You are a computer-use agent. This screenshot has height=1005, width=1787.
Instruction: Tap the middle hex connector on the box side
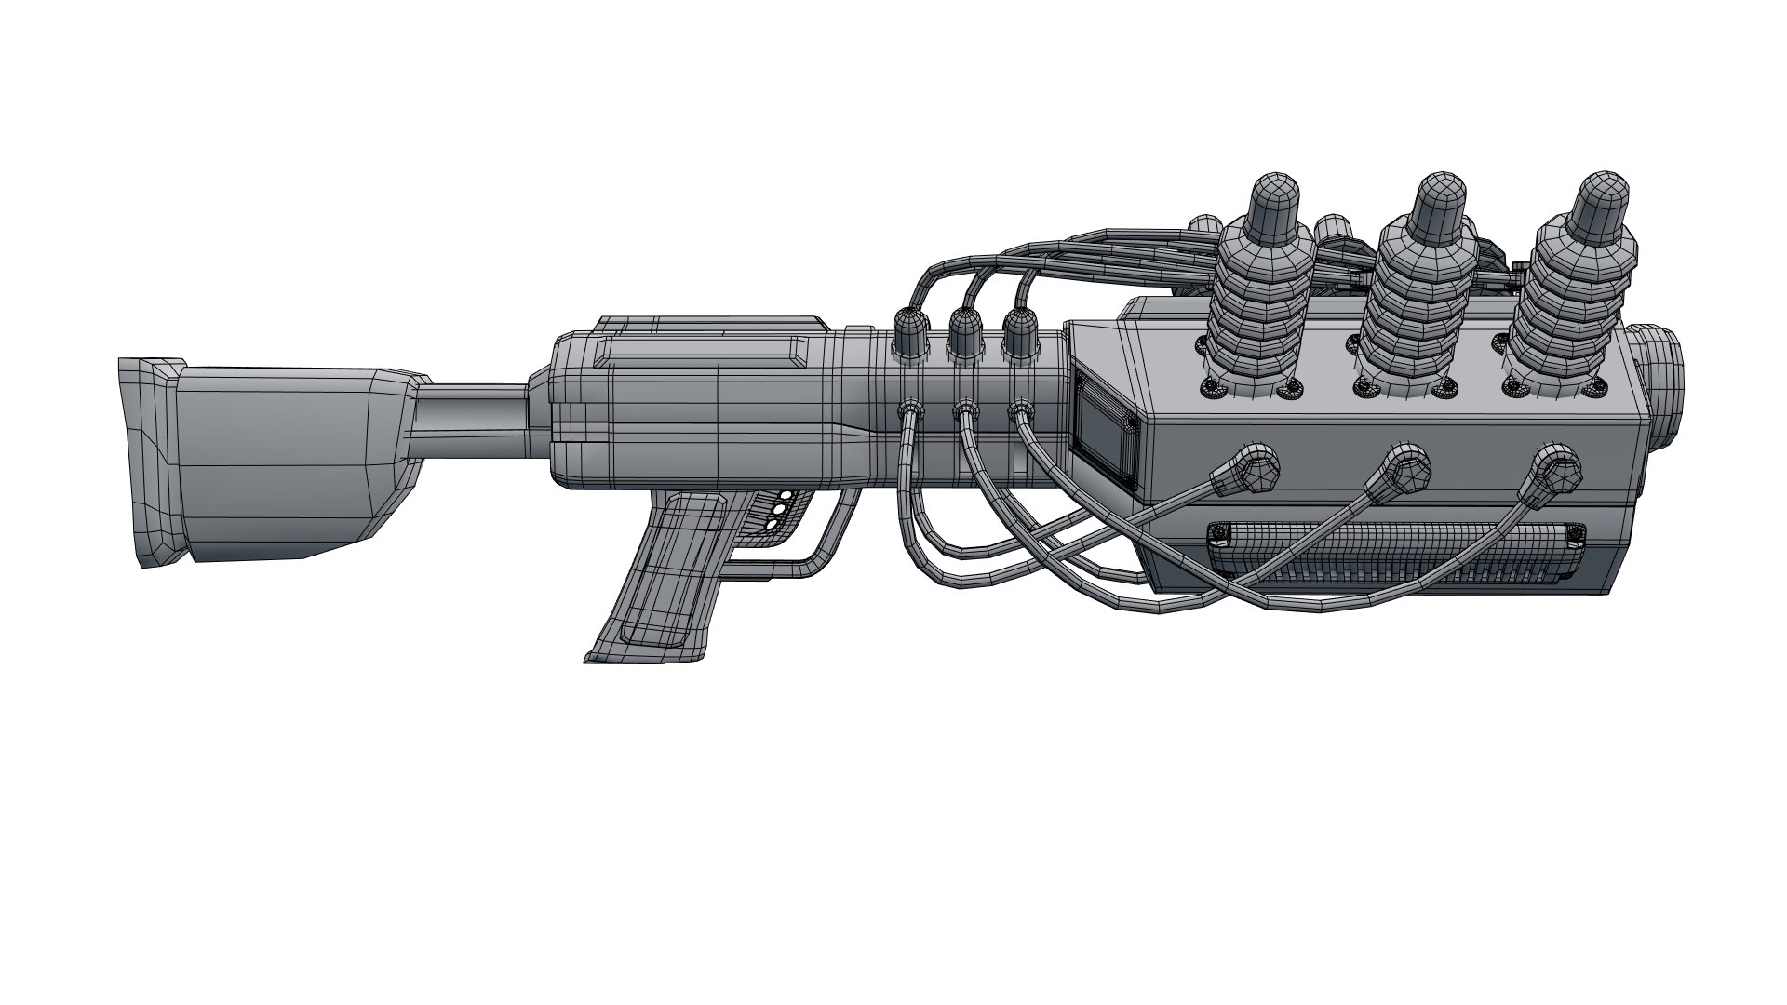pyautogui.click(x=1404, y=465)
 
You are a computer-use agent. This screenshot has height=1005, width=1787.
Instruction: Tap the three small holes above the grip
pyautogui.click(x=778, y=511)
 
